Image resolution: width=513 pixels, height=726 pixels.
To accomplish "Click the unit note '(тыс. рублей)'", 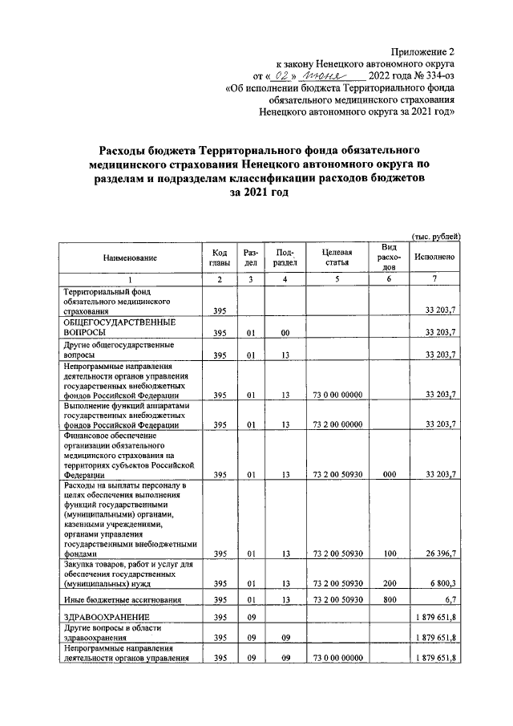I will pyautogui.click(x=435, y=237).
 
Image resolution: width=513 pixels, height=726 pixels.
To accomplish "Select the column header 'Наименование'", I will pyautogui.click(x=130, y=258).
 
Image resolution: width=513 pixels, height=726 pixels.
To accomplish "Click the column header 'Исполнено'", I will pyautogui.click(x=435, y=258).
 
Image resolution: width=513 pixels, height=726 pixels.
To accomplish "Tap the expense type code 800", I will pyautogui.click(x=390, y=599).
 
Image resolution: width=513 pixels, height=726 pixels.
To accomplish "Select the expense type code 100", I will pyautogui.click(x=390, y=554).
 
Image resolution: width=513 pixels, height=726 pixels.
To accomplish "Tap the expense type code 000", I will pyautogui.click(x=390, y=474).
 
